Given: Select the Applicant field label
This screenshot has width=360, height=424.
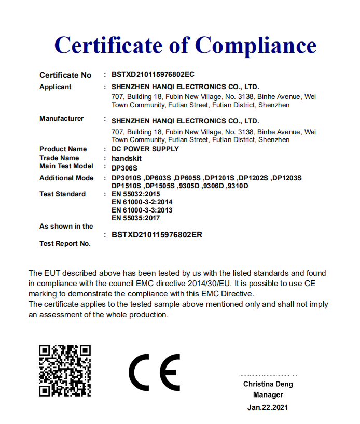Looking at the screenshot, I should click(56, 87).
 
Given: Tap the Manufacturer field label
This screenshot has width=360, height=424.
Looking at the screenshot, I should click(61, 118).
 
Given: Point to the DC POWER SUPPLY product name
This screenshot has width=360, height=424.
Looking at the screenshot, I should click(145, 149).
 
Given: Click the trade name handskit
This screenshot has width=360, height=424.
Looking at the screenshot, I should click(127, 158).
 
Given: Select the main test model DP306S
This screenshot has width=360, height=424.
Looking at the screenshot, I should click(124, 167).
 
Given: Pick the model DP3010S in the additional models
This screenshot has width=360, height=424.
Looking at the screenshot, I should click(126, 178).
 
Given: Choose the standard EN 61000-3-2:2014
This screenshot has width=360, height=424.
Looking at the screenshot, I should click(142, 202).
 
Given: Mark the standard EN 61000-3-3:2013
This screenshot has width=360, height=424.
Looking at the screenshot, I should click(142, 210).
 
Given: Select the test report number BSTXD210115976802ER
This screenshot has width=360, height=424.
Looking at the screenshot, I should click(157, 234).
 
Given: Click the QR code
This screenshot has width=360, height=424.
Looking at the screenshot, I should click(65, 370).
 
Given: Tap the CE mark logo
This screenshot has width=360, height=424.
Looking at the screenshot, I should click(154, 373).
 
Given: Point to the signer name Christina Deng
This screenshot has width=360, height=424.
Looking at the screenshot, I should click(268, 384).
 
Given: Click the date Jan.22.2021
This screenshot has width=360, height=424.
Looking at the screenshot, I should click(268, 407).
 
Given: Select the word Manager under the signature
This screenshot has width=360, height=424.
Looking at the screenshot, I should click(268, 395).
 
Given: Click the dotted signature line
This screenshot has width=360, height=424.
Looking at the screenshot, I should click(268, 374).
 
